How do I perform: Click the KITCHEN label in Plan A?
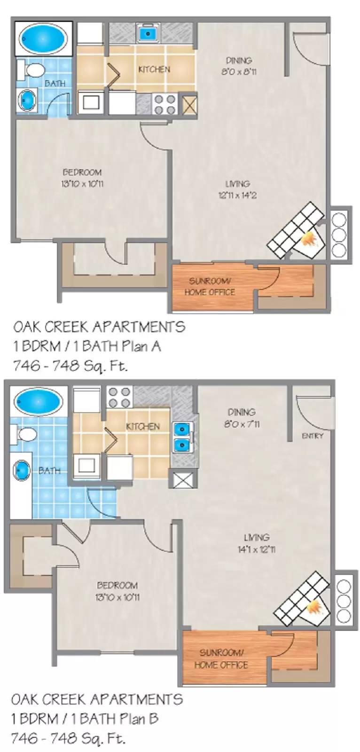tap(154, 69)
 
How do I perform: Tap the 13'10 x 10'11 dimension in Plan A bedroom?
tap(82, 184)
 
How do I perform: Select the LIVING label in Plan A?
tap(237, 184)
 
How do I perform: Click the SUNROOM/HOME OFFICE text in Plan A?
tap(209, 287)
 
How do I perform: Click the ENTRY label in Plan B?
tap(313, 436)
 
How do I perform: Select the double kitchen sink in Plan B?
tap(180, 436)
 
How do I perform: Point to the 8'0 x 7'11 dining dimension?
tap(242, 424)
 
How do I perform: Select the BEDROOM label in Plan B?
tap(117, 585)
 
